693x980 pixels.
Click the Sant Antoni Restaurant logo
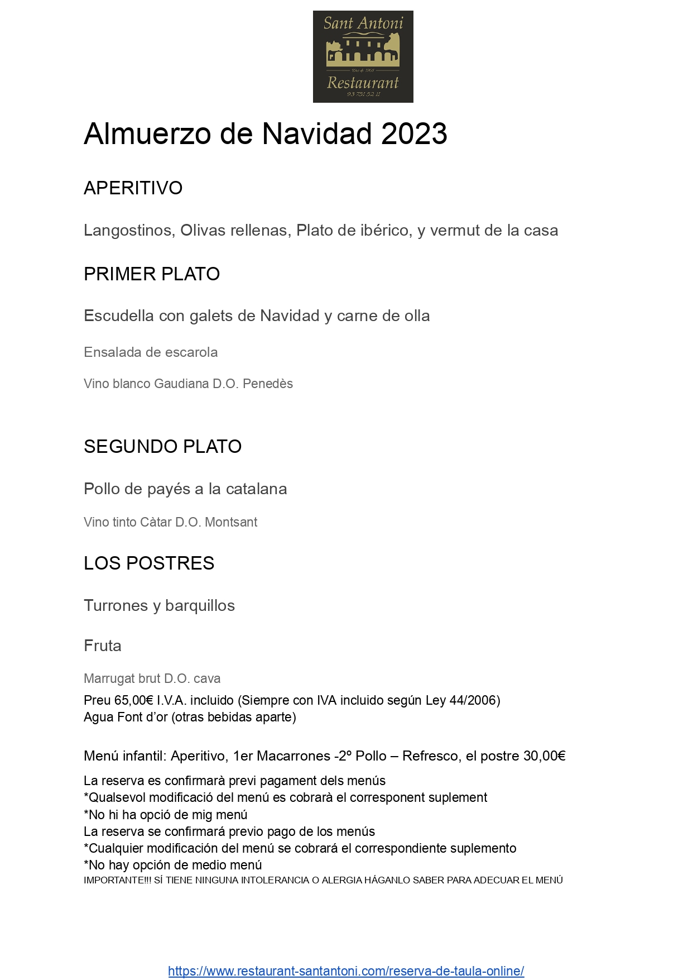click(x=363, y=56)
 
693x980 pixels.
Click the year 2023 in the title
click(x=414, y=134)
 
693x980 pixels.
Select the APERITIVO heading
click(x=133, y=188)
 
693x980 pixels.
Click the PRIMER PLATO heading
click(x=152, y=274)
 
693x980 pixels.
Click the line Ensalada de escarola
click(x=151, y=352)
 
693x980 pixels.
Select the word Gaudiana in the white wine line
click(x=182, y=384)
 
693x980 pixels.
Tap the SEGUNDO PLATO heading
click(x=162, y=447)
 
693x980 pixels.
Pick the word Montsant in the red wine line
click(x=231, y=523)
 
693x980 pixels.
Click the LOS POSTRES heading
click(x=149, y=563)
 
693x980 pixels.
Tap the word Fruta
click(x=103, y=646)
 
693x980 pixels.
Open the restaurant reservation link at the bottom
click(x=346, y=972)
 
